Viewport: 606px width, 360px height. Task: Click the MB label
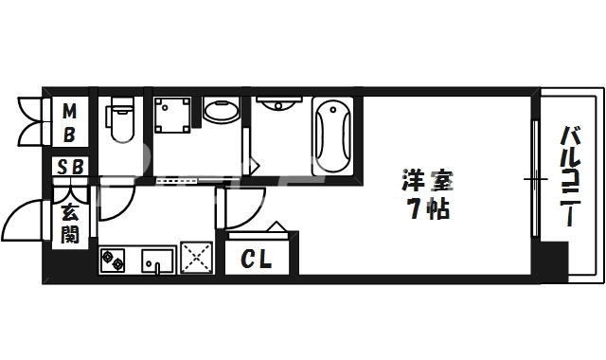69,124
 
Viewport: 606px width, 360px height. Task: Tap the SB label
71,167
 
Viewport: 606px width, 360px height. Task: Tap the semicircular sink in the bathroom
278,105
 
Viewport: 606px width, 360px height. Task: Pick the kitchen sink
158,259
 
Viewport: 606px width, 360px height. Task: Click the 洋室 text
424,177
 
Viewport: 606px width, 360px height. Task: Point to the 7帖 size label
424,209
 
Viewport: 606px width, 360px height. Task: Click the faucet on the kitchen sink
157,268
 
